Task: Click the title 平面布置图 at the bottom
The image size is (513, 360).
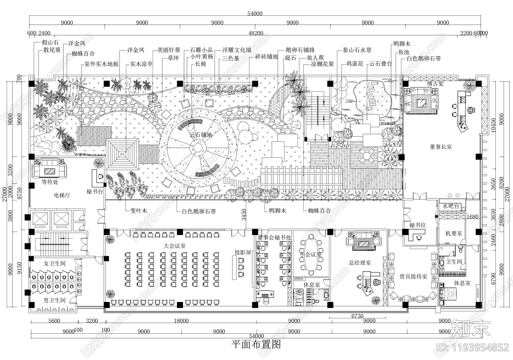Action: pyautogui.click(x=256, y=344)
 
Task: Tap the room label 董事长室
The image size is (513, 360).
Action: pyautogui.click(x=441, y=147)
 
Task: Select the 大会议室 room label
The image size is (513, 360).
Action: pyautogui.click(x=174, y=246)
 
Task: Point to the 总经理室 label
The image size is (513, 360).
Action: pyautogui.click(x=360, y=263)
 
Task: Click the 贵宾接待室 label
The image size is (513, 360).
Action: pyautogui.click(x=413, y=276)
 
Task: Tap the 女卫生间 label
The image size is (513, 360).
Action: pyautogui.click(x=55, y=264)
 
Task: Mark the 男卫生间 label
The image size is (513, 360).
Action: pyautogui.click(x=55, y=300)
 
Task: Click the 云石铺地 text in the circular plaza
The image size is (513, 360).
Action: pyautogui.click(x=201, y=135)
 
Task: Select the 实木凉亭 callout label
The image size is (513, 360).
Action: pyautogui.click(x=141, y=64)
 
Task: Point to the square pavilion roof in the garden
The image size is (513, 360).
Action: pyautogui.click(x=122, y=154)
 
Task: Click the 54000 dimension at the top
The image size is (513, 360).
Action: pyautogui.click(x=255, y=13)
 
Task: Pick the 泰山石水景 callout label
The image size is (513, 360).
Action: pyautogui.click(x=357, y=50)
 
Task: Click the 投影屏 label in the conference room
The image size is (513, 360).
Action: pyautogui.click(x=243, y=253)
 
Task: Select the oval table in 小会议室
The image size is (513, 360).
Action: pyautogui.click(x=311, y=255)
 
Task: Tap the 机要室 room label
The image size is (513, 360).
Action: pyautogui.click(x=454, y=233)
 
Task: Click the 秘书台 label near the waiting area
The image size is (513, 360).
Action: pyautogui.click(x=95, y=192)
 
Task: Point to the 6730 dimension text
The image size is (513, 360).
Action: pyautogui.click(x=357, y=316)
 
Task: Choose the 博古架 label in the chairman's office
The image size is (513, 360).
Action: pyautogui.click(x=435, y=84)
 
